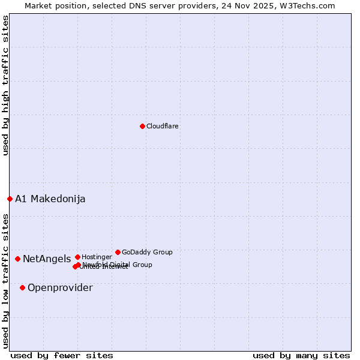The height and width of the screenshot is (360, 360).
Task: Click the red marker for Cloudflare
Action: pos(142,126)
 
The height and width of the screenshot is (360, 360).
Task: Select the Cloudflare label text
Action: pos(163,127)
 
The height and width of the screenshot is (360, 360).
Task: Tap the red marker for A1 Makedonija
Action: pos(10,199)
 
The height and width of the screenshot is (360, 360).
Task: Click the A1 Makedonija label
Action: pos(50,199)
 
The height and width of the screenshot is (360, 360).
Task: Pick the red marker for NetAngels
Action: pos(18,259)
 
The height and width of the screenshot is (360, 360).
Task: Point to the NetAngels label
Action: pos(47,259)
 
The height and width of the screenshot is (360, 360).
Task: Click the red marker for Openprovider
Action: pos(23,287)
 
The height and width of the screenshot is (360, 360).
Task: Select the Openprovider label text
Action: pos(60,288)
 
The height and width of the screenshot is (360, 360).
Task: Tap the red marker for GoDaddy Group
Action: pos(118,252)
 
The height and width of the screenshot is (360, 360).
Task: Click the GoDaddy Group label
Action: pos(147,253)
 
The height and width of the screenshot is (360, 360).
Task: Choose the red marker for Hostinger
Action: pos(77,257)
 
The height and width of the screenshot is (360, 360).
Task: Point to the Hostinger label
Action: pos(97,257)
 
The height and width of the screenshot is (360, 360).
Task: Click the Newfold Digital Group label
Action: pos(118,265)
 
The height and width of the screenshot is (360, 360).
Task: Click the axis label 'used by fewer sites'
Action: pos(62,355)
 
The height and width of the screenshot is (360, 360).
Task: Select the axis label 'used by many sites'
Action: pos(301,355)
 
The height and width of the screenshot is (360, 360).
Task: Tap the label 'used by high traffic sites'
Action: pos(5,85)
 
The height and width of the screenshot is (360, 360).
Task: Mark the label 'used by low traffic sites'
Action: pos(5,280)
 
